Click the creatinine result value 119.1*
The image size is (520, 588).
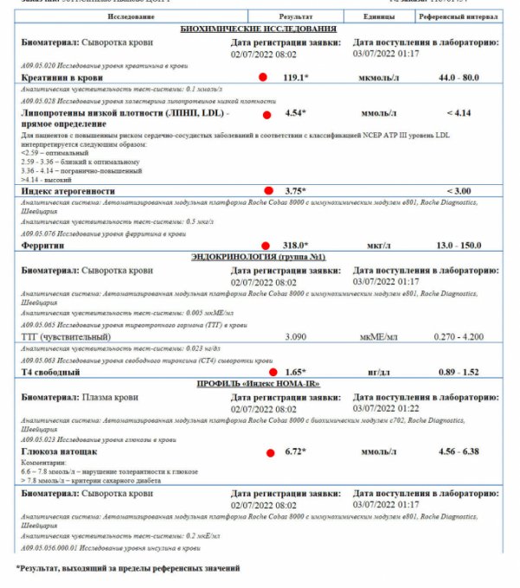tap(295, 77)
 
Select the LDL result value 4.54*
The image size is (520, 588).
tap(295, 113)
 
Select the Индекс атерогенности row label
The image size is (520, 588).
tap(70, 190)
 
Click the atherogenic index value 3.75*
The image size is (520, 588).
tap(295, 190)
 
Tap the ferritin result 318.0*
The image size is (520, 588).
tap(295, 246)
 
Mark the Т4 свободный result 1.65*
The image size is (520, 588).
tap(295, 372)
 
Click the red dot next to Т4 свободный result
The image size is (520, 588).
tap(273, 372)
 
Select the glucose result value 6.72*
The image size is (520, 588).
tap(295, 451)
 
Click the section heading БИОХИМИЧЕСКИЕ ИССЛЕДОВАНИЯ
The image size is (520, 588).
tap(260, 29)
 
